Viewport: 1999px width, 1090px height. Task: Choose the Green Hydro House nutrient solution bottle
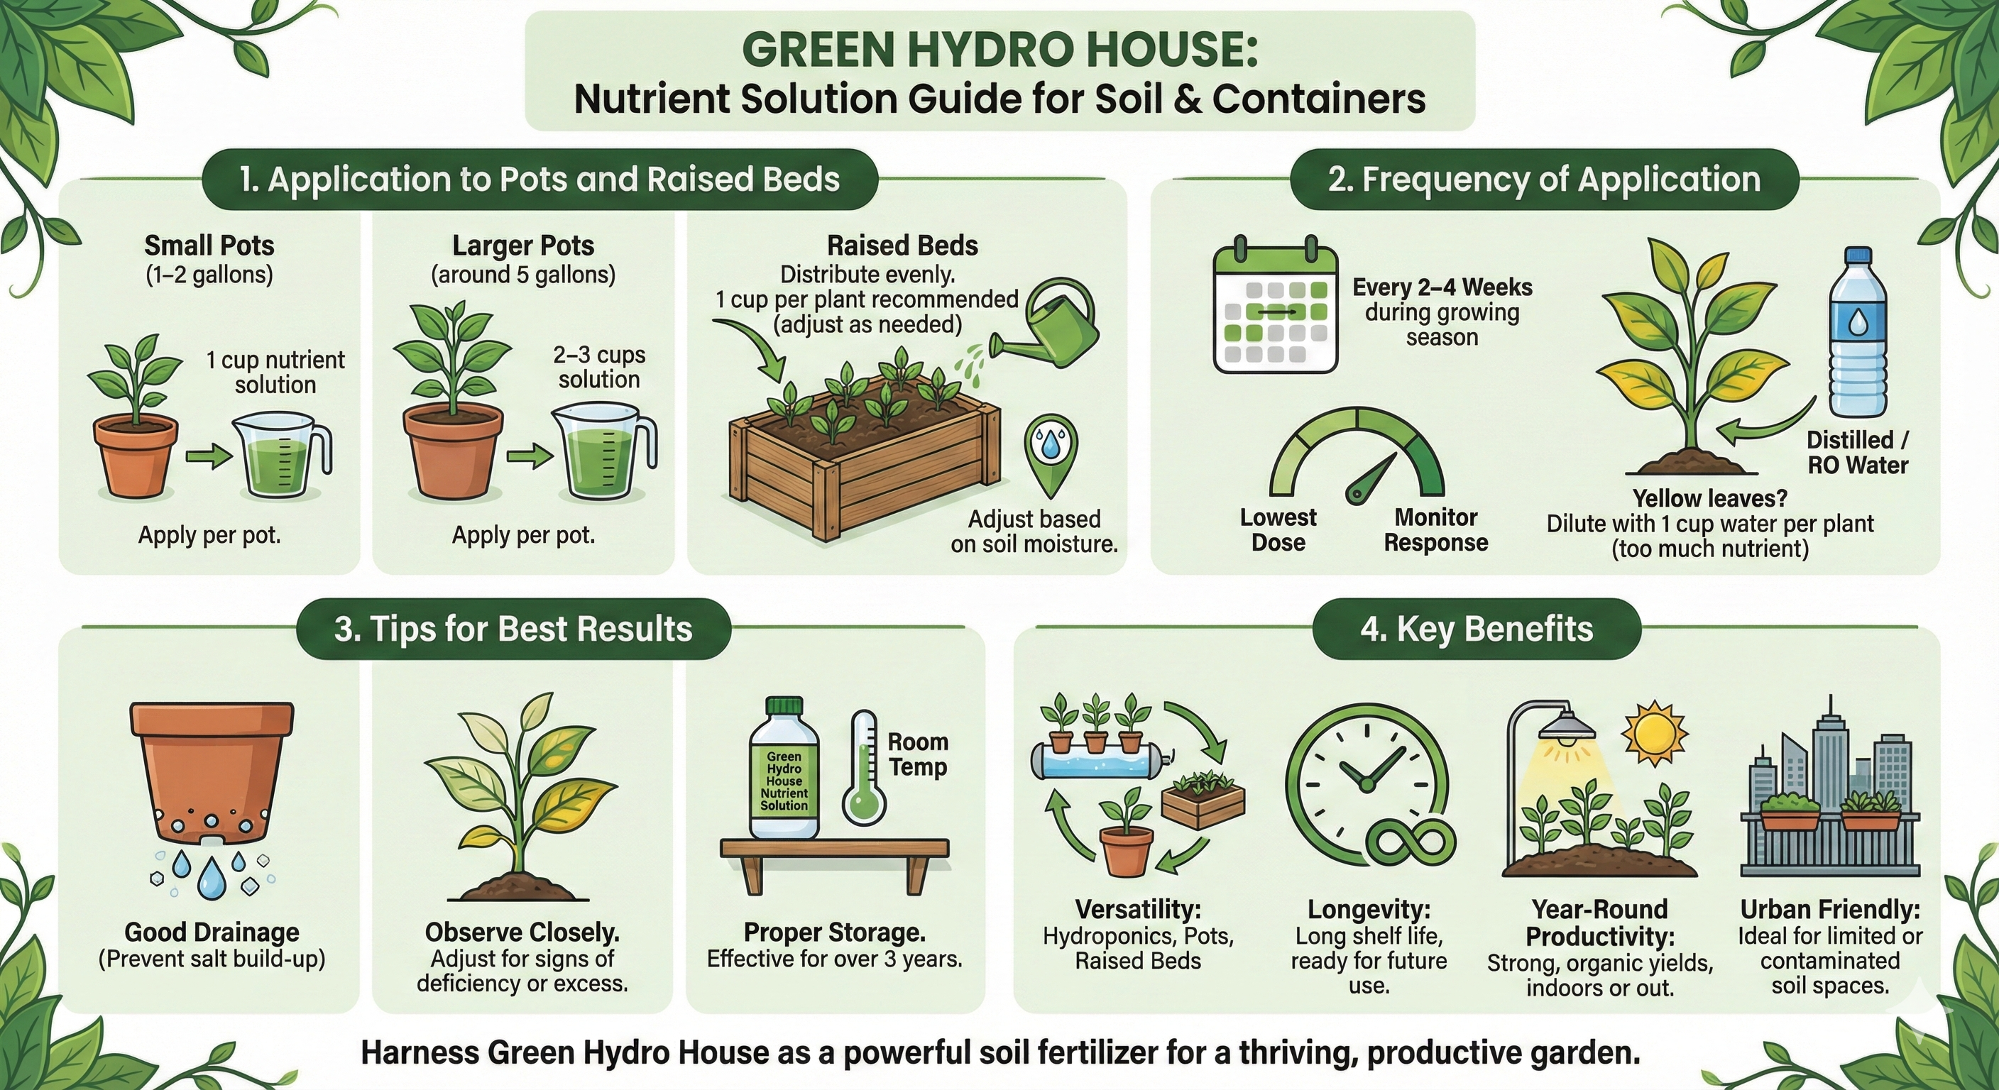point(784,768)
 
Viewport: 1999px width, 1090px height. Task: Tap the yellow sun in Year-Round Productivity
point(1655,731)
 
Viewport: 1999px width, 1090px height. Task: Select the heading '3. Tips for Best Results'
point(513,629)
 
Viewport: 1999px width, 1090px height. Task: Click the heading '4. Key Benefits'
point(1476,629)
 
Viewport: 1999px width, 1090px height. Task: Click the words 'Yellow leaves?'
point(1709,497)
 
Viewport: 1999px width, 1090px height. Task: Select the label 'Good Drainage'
point(212,932)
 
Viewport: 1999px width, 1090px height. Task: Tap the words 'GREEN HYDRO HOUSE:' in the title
point(999,49)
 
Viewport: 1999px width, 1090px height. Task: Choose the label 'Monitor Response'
point(1435,529)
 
